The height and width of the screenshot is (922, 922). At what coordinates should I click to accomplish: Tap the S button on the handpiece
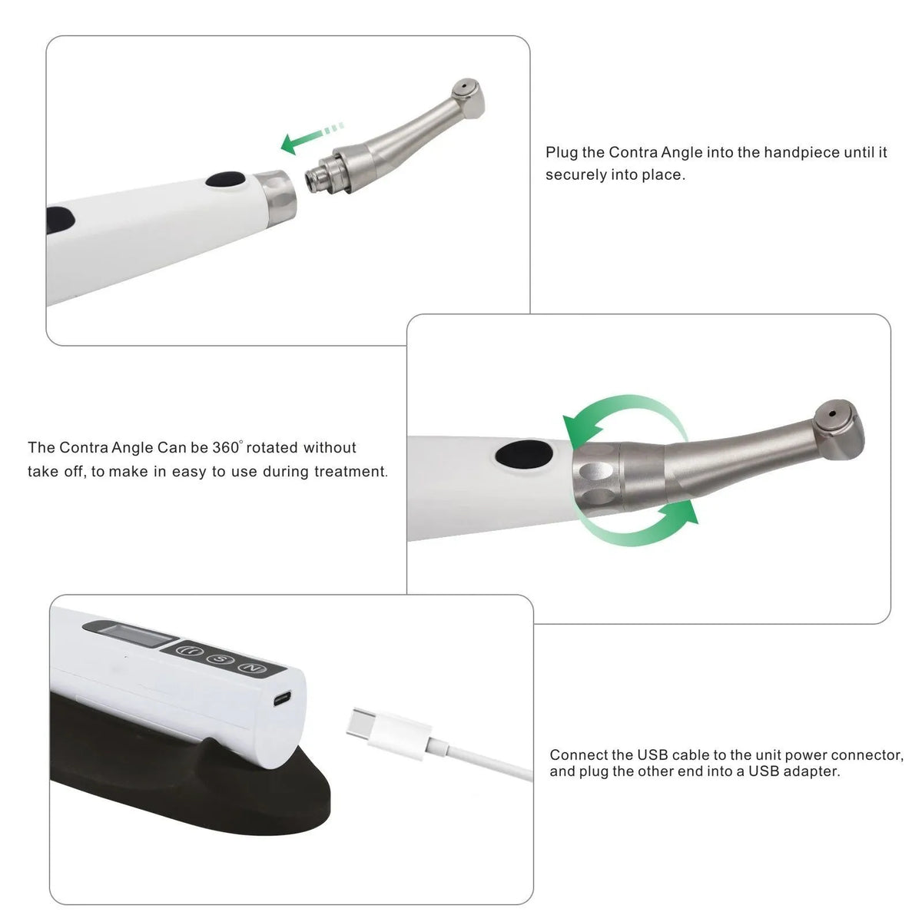click(220, 659)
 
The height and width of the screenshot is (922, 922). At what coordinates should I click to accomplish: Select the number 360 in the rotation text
click(226, 447)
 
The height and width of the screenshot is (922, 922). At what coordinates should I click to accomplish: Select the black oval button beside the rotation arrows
click(524, 454)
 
